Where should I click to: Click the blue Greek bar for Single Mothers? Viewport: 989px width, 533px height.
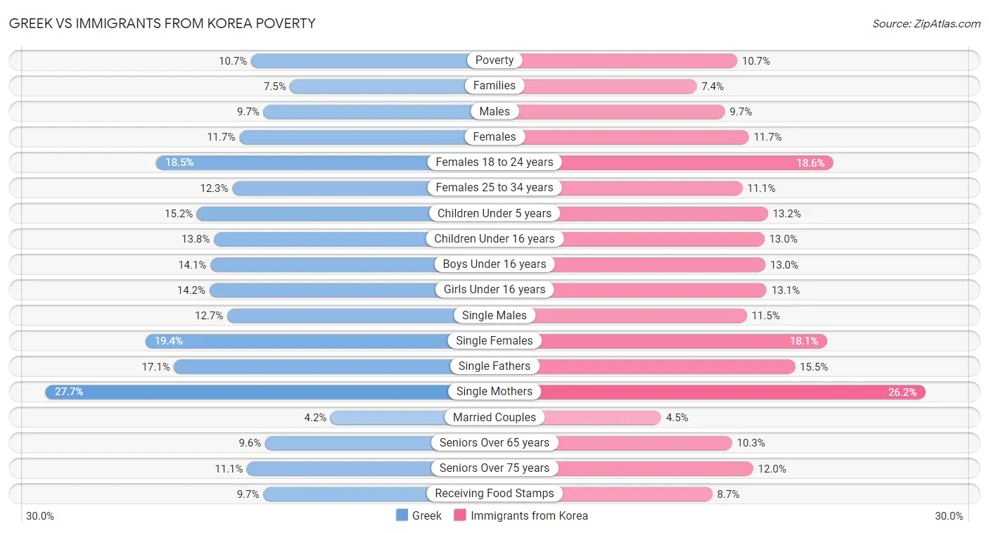(246, 392)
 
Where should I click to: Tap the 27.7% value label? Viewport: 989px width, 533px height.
(69, 392)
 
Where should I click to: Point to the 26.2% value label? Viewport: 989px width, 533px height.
(902, 392)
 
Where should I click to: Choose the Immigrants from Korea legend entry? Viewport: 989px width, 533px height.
(521, 515)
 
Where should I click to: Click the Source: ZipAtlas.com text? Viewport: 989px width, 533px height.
(926, 24)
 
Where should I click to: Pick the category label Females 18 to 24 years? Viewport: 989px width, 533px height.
(494, 162)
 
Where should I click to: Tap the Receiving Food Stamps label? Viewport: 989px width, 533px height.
(494, 494)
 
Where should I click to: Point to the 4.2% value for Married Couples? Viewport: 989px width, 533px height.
(315, 418)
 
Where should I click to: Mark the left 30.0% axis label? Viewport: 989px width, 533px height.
(40, 516)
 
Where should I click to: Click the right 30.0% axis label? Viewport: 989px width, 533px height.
(949, 516)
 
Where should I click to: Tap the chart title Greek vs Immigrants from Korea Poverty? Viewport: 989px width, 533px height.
(162, 23)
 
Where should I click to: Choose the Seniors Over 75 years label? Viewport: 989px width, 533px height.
(494, 468)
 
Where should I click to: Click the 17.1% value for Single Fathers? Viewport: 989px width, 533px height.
(155, 366)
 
